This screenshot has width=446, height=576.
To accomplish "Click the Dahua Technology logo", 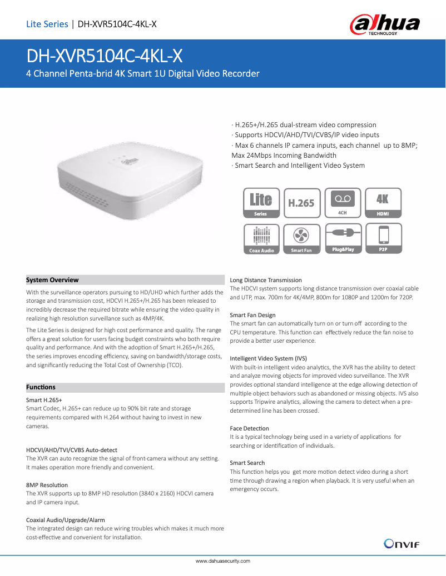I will tap(384, 24).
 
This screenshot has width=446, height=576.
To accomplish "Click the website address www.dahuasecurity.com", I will tap(223, 561).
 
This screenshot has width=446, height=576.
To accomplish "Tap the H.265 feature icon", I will tap(301, 203).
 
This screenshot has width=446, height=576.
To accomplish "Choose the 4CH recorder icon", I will tap(342, 203).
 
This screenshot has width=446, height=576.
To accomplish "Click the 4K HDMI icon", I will tap(383, 203).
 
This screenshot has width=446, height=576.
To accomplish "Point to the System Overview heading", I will tap(52, 280).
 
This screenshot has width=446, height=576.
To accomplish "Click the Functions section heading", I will tap(41, 387).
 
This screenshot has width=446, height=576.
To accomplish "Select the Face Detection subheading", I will tap(249, 428).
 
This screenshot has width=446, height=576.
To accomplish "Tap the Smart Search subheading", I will tap(247, 463).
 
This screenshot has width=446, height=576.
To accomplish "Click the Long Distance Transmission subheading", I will tap(266, 280).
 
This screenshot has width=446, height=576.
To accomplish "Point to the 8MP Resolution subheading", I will tap(47, 485).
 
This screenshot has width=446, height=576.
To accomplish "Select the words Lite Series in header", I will tap(47, 24).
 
